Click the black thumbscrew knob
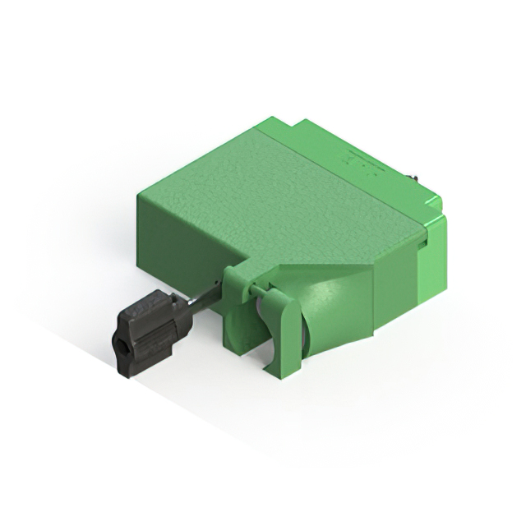click(152, 332)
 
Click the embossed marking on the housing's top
click(362, 164)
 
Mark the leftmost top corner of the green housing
click(140, 191)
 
